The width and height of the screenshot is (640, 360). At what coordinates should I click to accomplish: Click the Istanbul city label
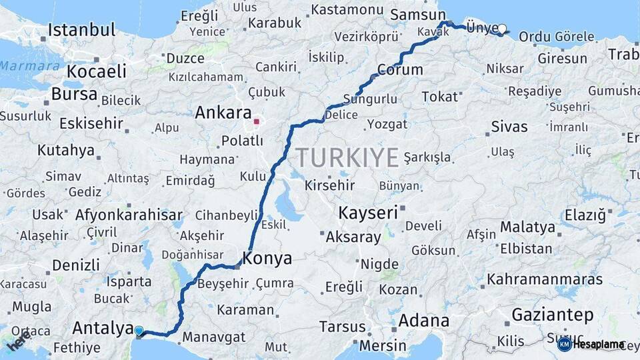82,30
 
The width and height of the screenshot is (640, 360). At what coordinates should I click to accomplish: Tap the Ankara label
223,113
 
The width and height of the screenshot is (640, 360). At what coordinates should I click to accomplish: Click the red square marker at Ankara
256,122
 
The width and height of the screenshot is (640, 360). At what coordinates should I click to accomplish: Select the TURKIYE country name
347,157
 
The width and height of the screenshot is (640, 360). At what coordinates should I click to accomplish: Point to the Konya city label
267,258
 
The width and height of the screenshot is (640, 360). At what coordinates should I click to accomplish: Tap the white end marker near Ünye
502,29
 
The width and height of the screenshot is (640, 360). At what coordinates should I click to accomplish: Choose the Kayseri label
368,213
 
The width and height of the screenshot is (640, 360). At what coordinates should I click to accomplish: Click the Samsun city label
418,15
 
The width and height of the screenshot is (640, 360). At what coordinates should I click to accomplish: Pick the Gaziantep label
553,314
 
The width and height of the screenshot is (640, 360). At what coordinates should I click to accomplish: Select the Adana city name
423,321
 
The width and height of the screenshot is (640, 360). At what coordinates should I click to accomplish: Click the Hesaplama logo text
598,345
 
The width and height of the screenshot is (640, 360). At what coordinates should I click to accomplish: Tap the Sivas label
509,126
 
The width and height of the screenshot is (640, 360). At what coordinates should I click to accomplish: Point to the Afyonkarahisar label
129,215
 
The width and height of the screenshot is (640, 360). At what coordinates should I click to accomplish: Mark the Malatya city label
527,227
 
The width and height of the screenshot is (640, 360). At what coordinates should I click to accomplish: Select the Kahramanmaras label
544,279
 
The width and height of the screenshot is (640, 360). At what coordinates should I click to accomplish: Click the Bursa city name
74,94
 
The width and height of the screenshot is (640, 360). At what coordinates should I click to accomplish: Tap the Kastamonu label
347,10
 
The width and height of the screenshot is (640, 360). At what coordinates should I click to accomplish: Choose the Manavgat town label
214,337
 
